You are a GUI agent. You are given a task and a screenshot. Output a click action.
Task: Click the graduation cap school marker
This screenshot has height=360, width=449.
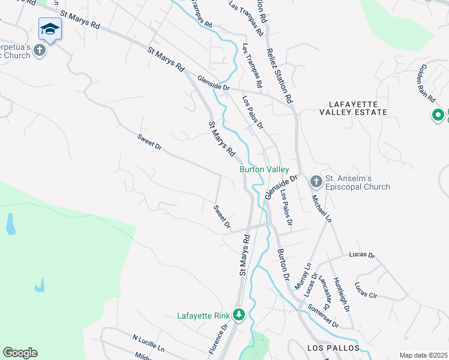(50, 29)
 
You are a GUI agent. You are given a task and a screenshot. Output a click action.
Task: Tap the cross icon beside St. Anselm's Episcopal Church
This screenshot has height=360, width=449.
(316, 181)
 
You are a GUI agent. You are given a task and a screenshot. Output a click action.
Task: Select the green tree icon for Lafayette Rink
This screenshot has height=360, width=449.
(240, 314)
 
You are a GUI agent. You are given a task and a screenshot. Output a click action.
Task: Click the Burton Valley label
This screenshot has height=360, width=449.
(265, 170)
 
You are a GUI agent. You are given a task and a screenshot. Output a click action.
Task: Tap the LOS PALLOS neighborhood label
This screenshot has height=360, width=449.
(333, 348)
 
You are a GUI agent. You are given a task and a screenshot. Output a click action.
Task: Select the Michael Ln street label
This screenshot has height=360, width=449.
(321, 207)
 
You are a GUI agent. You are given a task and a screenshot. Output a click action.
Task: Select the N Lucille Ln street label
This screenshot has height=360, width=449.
(148, 343)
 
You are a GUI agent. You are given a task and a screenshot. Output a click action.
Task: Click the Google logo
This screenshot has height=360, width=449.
(20, 353)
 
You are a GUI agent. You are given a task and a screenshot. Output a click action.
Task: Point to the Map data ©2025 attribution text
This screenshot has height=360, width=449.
(423, 355)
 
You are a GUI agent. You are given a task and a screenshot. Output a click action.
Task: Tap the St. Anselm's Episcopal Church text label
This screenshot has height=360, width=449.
(358, 182)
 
